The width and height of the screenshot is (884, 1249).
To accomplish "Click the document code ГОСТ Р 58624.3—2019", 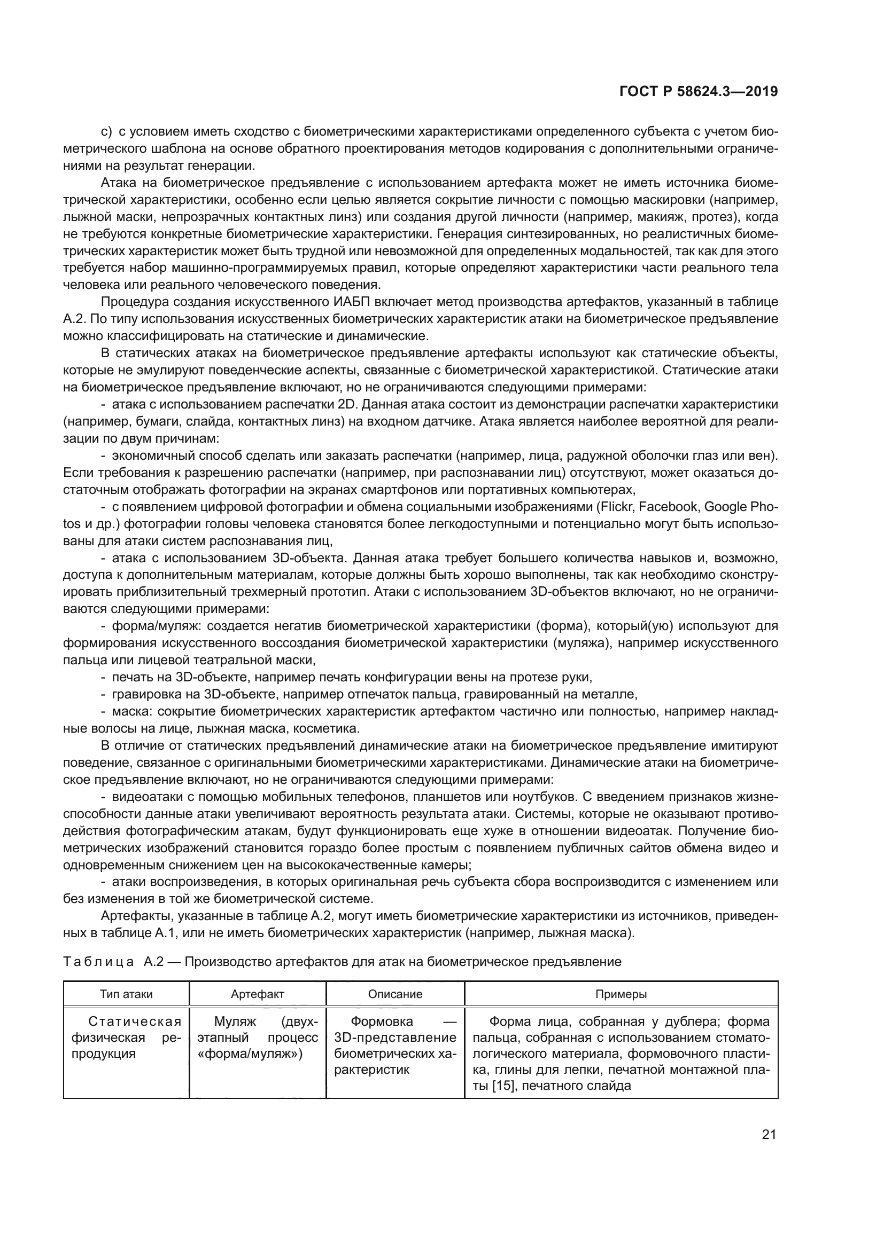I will coord(699,92).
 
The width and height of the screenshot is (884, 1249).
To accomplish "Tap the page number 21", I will coord(769,1134).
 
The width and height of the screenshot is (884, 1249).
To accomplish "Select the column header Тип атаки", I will coord(126,994).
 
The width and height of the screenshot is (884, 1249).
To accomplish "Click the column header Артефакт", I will coord(258,994).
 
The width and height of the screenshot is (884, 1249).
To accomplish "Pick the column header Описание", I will coord(395,994).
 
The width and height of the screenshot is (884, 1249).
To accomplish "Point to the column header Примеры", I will coord(621,994).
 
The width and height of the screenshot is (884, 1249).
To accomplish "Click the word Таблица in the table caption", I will coord(98,962).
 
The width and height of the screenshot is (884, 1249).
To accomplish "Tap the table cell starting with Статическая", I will coord(126,1038).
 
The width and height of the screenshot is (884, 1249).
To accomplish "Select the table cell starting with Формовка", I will coord(395,1045).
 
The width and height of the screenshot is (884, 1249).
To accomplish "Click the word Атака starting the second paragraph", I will coord(118,183).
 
